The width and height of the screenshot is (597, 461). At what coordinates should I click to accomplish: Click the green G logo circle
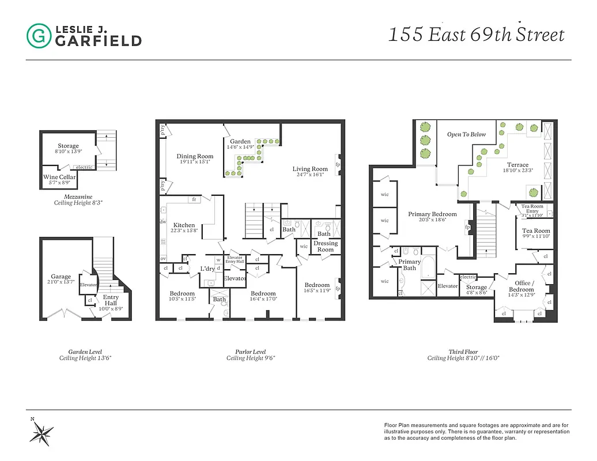39,36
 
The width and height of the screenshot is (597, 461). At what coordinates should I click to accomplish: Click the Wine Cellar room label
59,177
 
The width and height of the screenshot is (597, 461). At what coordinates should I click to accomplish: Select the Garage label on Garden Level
61,277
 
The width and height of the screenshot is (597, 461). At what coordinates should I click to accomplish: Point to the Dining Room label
195,156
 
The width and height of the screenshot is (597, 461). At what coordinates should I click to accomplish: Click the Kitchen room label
184,225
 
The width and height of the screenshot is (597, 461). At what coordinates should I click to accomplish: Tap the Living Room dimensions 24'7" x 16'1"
310,175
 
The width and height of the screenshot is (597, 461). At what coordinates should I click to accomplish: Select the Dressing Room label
325,246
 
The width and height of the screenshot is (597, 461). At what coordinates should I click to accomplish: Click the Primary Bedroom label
432,214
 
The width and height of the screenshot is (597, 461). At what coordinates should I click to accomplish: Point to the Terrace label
517,165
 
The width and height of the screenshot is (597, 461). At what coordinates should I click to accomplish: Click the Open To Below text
466,134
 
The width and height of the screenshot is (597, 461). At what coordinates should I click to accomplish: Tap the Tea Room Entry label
532,209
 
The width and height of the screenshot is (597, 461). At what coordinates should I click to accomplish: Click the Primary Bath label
410,264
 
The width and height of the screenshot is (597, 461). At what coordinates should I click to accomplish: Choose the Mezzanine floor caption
68,197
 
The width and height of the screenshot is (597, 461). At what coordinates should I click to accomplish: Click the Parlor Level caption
250,351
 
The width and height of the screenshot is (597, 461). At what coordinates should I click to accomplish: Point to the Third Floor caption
463,351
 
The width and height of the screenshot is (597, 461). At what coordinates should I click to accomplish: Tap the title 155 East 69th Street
476,35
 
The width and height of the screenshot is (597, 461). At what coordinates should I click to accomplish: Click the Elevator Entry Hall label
235,260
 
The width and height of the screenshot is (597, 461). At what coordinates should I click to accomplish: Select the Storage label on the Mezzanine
68,146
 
